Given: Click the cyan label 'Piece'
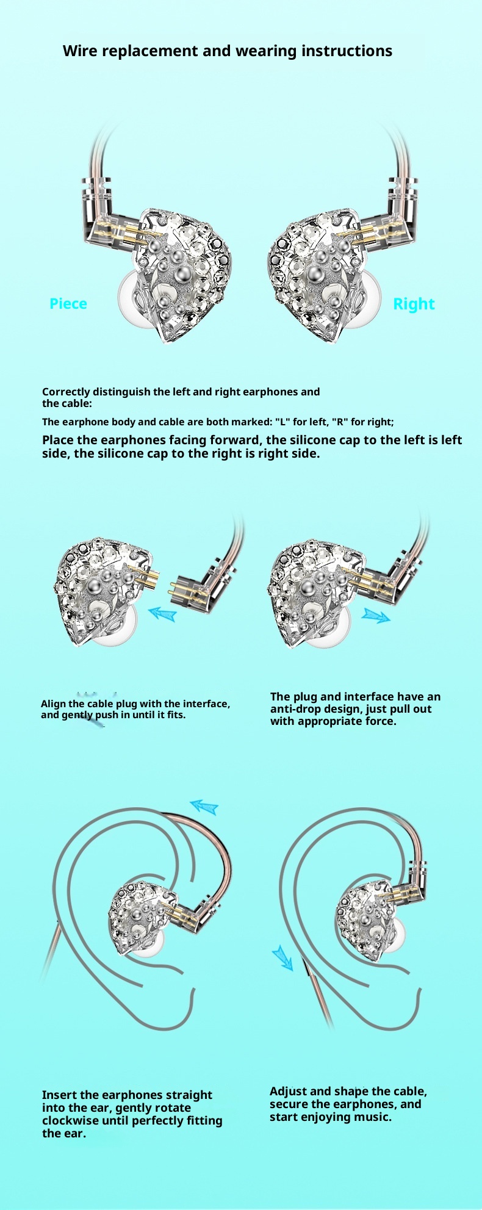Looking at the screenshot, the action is [68, 303].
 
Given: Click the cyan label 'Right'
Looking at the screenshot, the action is [414, 304].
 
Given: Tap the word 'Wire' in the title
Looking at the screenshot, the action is [80, 51].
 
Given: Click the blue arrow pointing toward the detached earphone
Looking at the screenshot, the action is [162, 612].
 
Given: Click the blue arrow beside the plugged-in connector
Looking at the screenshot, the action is [375, 615].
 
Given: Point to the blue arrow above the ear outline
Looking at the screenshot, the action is [204, 807].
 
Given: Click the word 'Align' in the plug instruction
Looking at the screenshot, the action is [54, 704].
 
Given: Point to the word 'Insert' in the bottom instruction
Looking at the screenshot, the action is [60, 1095].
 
